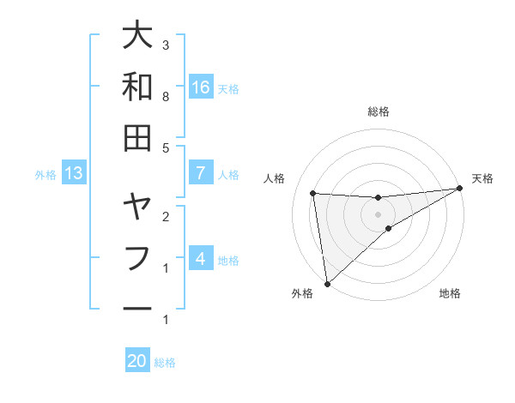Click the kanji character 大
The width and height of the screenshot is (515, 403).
[138, 36]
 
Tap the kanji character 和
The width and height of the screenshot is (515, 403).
[138, 87]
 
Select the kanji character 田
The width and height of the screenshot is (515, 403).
[138, 137]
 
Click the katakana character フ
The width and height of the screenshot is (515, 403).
[138, 257]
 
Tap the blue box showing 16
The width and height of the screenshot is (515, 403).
[201, 87]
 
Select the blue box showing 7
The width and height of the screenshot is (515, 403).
[201, 173]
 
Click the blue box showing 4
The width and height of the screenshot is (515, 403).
[201, 258]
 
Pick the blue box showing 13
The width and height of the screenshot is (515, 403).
[73, 173]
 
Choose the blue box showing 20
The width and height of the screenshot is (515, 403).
[137, 362]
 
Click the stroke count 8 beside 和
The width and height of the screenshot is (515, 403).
[166, 97]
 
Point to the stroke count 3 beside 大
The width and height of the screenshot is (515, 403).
[166, 45]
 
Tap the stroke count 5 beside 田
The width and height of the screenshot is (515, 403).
[166, 148]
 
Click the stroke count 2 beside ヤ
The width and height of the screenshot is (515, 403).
[166, 217]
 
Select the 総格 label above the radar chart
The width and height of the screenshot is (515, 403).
[379, 111]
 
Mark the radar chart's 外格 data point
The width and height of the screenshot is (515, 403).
[327, 283]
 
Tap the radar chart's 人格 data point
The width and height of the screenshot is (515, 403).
[313, 193]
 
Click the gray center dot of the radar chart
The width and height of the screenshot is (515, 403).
[379, 214]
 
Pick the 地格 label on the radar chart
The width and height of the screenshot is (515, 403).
[450, 293]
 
